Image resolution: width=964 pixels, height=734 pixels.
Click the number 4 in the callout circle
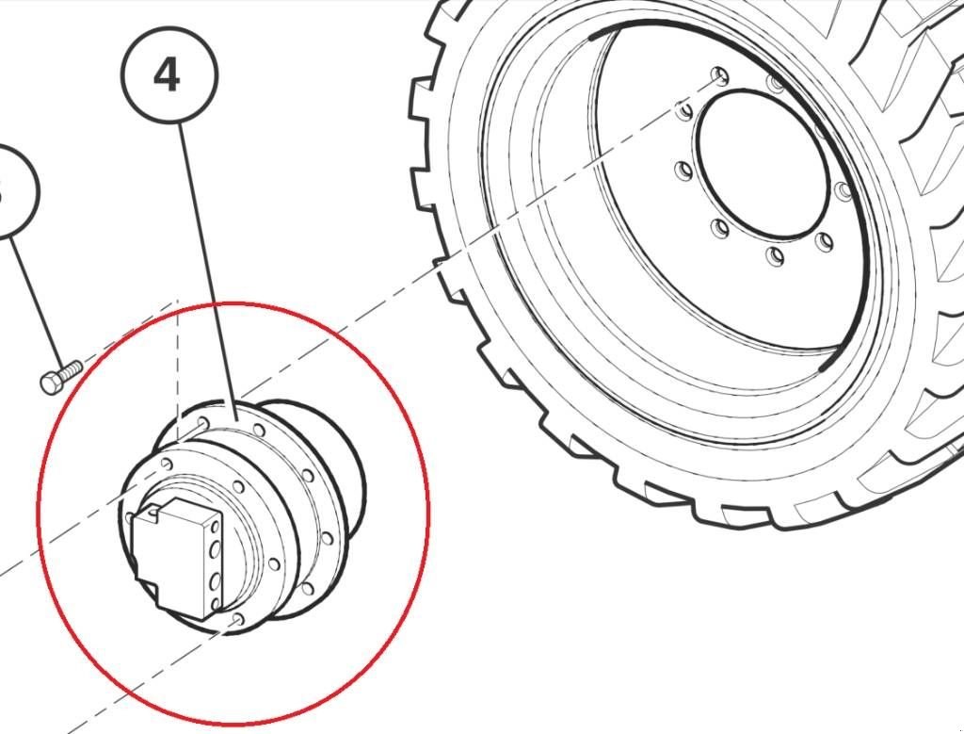coord(168,75)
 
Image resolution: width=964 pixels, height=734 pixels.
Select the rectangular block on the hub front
coord(175,560)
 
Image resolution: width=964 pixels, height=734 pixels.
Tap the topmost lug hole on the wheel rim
coord(720,75)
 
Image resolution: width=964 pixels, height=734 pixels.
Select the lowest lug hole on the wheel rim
coord(776,255)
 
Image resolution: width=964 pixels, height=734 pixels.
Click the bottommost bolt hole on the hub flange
coord(237,619)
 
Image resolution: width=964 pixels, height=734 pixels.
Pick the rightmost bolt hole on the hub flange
coord(327,540)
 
